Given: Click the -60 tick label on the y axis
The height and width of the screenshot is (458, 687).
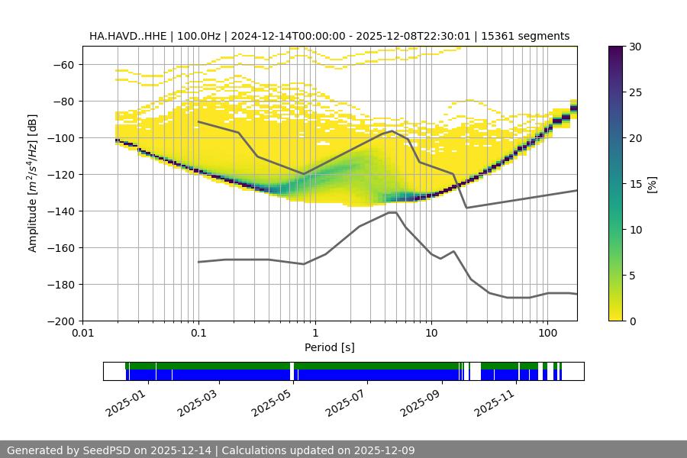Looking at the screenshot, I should [63, 64].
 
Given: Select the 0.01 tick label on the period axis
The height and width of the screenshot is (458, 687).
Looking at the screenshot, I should [82, 334].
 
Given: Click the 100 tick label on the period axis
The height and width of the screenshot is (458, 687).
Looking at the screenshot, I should [547, 334].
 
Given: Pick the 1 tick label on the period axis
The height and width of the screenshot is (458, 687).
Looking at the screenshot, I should [314, 334].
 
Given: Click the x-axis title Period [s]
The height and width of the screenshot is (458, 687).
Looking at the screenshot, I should [329, 347].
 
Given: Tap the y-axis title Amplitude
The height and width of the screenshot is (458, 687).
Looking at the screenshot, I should [33, 183].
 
